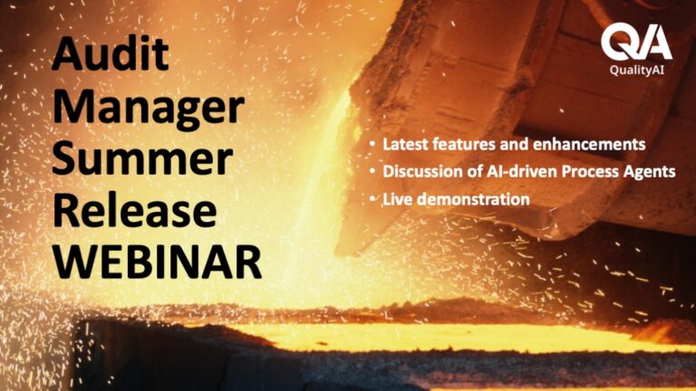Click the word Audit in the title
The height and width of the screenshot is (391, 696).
coord(110,53)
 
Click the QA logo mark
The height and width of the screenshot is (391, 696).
coord(636,42)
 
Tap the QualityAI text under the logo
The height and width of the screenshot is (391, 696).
coord(636,70)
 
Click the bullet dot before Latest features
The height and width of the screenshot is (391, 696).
coord(372,145)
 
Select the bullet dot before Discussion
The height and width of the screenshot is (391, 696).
coord(372,172)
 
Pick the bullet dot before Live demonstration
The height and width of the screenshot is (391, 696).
coord(372,199)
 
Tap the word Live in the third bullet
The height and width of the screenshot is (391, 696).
coord(398,199)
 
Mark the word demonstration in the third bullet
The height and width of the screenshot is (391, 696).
coord(473,199)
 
